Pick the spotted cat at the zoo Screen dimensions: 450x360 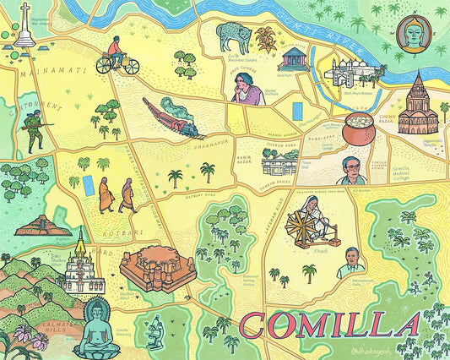(x=232, y=36)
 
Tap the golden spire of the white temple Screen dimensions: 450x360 (x=81, y=245)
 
